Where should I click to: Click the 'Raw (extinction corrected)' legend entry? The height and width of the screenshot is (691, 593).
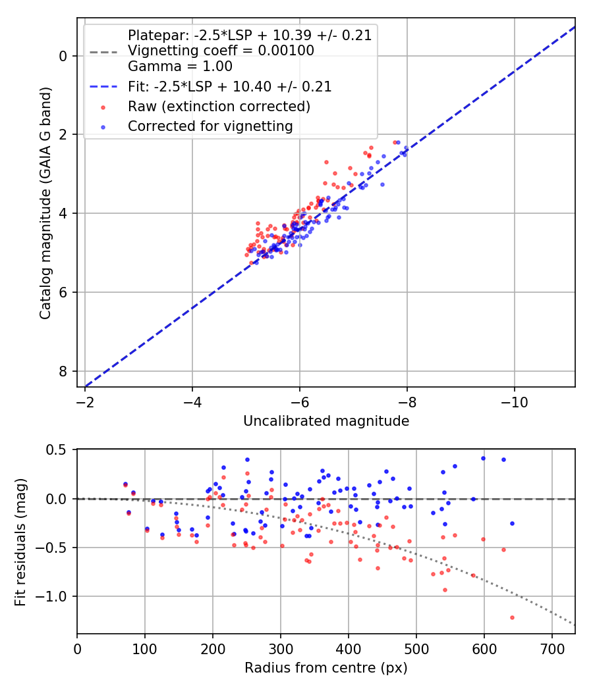coord(219,106)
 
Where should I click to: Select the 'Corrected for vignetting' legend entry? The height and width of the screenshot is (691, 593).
coord(210,126)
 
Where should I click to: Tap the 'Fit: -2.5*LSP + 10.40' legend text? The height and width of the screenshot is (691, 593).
coord(229,86)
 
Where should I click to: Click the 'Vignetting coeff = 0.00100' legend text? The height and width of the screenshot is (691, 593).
coord(221,51)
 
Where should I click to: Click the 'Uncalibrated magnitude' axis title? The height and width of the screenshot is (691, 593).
coord(326,421)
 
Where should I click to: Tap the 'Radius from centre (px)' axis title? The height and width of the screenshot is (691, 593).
coord(326,668)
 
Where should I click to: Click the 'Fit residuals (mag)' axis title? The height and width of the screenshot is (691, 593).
coord(20,541)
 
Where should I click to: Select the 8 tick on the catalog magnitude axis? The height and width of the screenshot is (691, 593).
coord(63,371)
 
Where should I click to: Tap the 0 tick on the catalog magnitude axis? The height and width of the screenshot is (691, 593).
coord(63,56)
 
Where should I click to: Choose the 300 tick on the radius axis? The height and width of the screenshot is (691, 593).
coord(281,648)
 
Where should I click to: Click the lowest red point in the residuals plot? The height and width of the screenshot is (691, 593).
coord(512,617)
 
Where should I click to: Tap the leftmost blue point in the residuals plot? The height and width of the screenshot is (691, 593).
coord(125,484)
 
